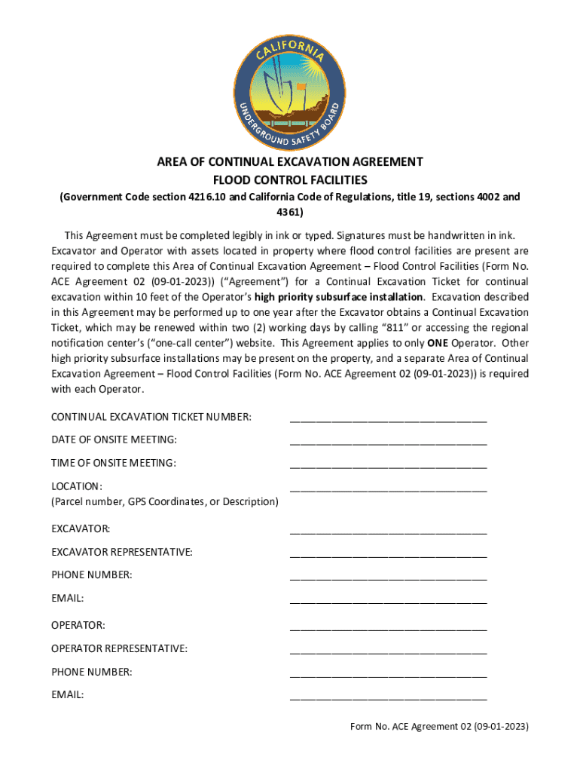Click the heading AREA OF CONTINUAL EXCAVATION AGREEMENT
pyautogui.click(x=289, y=162)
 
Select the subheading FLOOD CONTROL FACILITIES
pyautogui.click(x=289, y=180)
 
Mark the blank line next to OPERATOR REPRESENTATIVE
pyautogui.click(x=388, y=649)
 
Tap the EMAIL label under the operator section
pyautogui.click(x=67, y=695)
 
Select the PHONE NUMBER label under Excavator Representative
pyautogui.click(x=91, y=575)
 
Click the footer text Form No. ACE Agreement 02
pyautogui.click(x=439, y=728)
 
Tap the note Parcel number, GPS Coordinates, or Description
pyautogui.click(x=164, y=501)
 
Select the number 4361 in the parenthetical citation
pyautogui.click(x=290, y=212)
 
